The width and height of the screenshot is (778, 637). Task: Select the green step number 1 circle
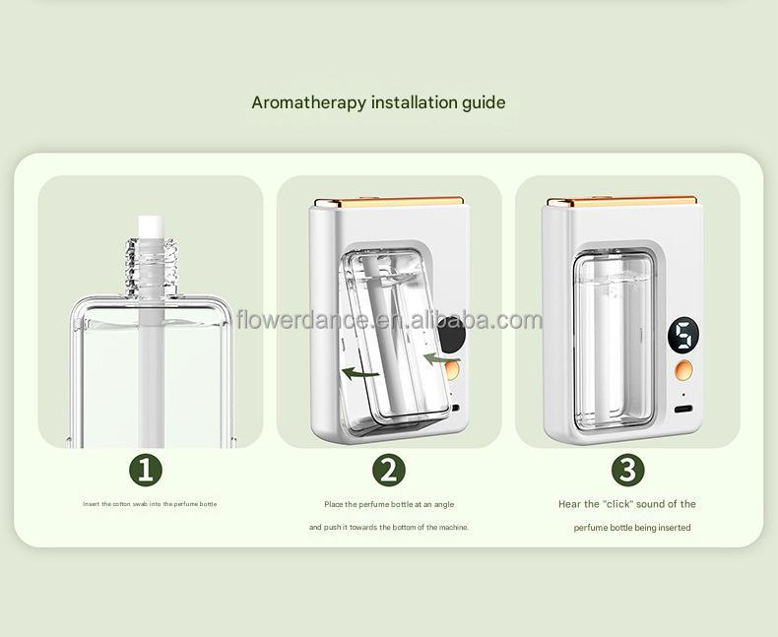pyautogui.click(x=146, y=469)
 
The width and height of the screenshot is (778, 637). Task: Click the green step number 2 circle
pyautogui.click(x=389, y=469)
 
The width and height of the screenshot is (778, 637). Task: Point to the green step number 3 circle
pyautogui.click(x=627, y=469)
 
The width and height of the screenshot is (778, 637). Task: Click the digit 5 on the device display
pyautogui.click(x=683, y=336)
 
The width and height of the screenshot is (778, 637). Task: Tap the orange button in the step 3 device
pyautogui.click(x=683, y=371)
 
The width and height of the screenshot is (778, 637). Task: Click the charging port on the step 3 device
pyautogui.click(x=683, y=406)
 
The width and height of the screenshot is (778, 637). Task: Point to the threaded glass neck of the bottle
pyautogui.click(x=148, y=263)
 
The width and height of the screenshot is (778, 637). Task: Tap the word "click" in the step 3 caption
pyautogui.click(x=617, y=504)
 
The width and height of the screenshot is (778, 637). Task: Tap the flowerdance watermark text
pyautogui.click(x=389, y=320)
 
